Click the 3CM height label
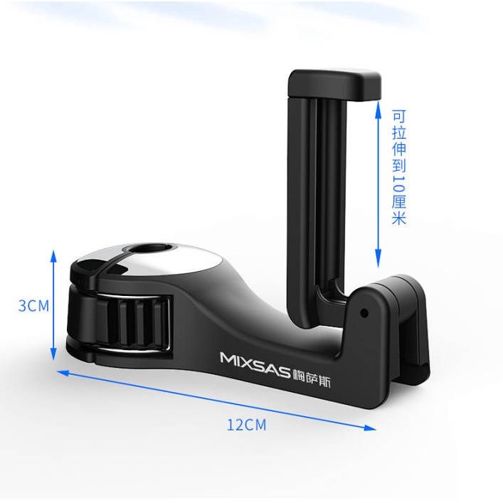(x=33, y=306)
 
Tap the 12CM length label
(x=246, y=425)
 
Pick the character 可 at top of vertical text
(x=398, y=116)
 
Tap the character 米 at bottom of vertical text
(x=398, y=218)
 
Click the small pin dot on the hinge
(x=365, y=312)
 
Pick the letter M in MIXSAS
(x=227, y=357)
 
